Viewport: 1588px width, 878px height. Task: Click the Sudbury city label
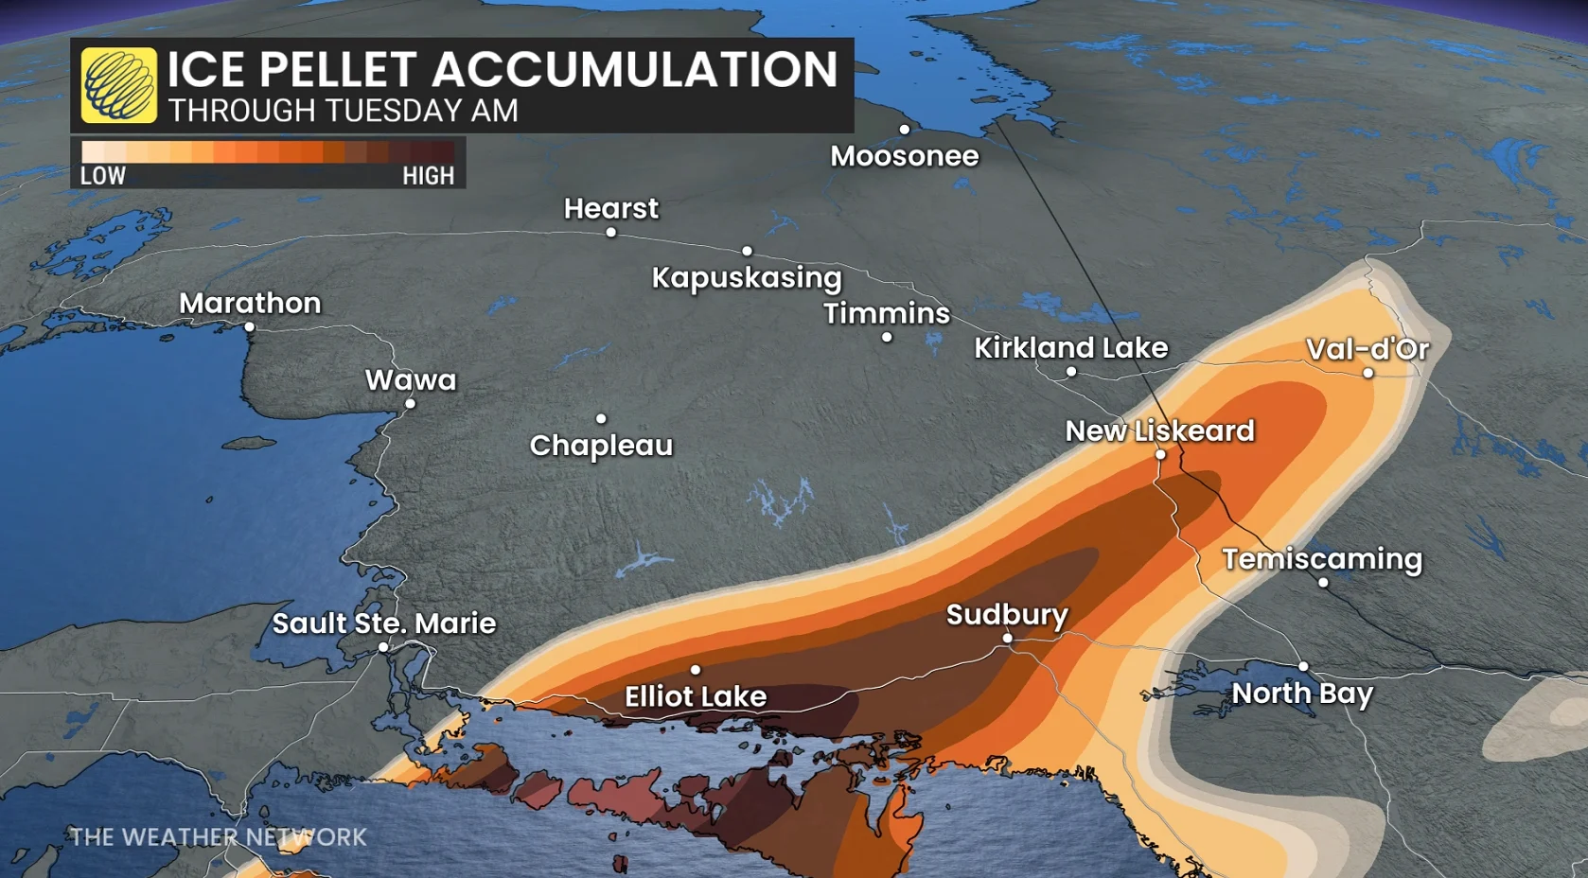(1007, 615)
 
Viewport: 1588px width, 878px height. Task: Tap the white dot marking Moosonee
(905, 130)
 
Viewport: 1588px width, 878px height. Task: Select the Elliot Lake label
(696, 697)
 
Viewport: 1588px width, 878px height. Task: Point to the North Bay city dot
(1303, 667)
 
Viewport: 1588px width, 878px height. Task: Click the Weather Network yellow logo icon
(119, 85)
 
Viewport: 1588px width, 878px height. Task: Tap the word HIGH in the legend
(428, 176)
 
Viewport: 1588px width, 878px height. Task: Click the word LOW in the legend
(103, 176)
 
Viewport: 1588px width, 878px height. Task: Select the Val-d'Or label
(1367, 349)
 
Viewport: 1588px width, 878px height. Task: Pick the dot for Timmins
(887, 338)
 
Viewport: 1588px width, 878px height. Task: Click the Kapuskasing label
(747, 278)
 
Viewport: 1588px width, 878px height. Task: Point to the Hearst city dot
(611, 233)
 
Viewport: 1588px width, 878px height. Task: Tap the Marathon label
(250, 304)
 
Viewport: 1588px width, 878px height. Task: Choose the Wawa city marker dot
(411, 404)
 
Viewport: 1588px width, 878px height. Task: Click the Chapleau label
(601, 446)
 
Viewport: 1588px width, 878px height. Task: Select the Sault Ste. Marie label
(384, 623)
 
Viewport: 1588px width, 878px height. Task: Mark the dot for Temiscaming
(1323, 583)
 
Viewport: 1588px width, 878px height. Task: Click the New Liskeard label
(1159, 431)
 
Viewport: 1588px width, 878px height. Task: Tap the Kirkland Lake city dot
(1071, 372)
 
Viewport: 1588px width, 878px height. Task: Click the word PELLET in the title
(338, 70)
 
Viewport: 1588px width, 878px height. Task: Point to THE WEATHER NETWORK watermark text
(218, 837)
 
